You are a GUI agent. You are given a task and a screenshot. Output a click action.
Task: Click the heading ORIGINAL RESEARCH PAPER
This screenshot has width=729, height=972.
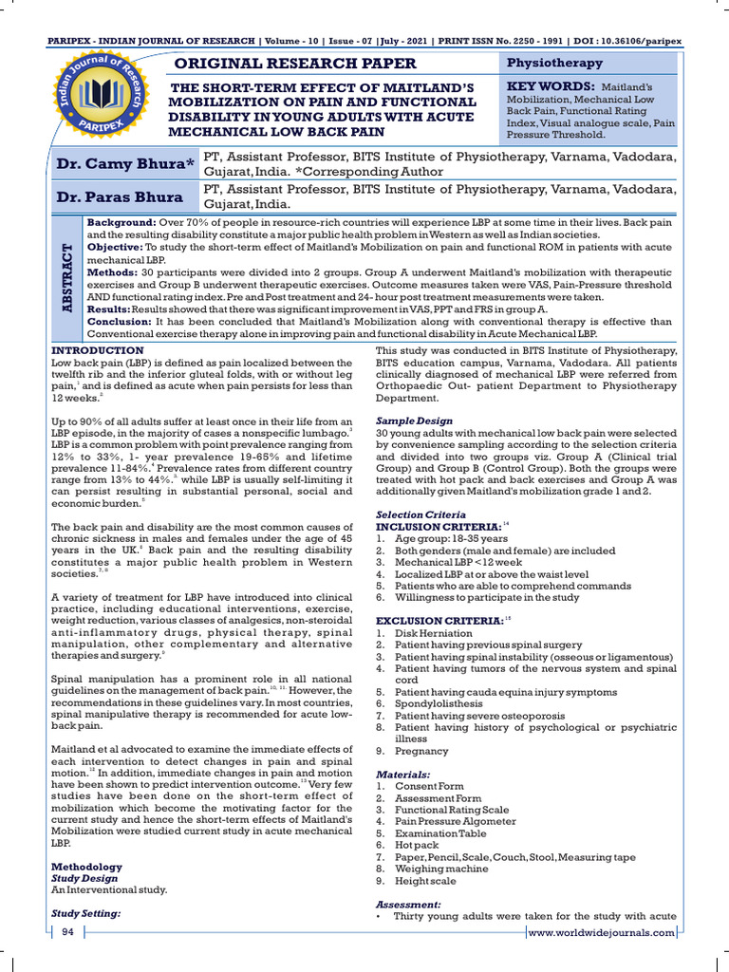(x=291, y=64)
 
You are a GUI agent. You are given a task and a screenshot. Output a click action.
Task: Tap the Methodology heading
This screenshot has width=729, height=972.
(x=86, y=867)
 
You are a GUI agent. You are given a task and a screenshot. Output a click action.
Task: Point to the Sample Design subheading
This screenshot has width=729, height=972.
(x=413, y=420)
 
